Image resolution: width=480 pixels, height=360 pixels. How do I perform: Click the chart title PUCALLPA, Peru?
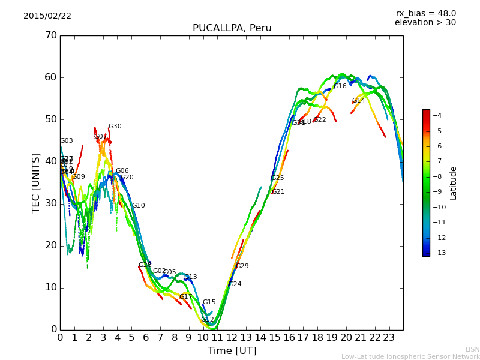(232, 28)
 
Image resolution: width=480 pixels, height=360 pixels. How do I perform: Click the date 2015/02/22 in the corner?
(47, 16)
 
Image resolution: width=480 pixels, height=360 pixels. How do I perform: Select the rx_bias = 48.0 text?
(425, 13)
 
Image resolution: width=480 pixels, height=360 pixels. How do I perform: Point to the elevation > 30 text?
(425, 23)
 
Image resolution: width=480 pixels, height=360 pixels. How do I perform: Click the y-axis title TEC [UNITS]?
(36, 182)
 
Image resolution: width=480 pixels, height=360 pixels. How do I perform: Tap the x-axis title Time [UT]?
(232, 350)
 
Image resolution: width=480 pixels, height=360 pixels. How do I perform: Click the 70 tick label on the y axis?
(50, 35)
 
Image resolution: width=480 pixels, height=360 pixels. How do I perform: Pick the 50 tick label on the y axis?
(50, 119)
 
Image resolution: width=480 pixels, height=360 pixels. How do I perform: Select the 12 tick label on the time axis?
(232, 337)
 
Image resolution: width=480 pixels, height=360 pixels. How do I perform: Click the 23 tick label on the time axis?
(389, 337)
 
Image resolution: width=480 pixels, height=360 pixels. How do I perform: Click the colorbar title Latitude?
(454, 182)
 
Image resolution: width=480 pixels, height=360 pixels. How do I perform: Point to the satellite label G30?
(115, 127)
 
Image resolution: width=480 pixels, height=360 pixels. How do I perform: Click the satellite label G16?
(340, 86)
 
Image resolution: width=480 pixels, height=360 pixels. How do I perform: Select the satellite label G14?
(358, 101)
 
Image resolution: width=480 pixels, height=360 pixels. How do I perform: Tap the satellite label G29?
(242, 266)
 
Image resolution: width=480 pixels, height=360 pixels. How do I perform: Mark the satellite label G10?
(139, 206)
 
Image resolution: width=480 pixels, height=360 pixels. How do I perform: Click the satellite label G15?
(209, 302)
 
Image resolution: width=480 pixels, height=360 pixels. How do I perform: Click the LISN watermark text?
(472, 349)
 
